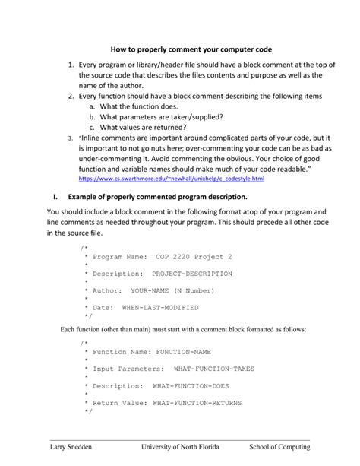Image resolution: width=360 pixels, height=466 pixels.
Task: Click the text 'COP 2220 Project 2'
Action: click(x=194, y=258)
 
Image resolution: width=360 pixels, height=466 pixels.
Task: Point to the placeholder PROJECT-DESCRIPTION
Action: click(x=192, y=274)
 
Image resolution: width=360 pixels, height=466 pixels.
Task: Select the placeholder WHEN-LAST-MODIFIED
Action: click(x=160, y=307)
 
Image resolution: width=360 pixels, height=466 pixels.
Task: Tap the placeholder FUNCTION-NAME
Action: click(x=184, y=353)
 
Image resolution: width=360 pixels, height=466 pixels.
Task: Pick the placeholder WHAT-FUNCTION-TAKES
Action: click(x=214, y=369)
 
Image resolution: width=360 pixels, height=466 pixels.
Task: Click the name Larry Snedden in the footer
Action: click(x=71, y=447)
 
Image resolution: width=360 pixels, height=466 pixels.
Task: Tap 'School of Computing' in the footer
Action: click(x=285, y=447)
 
